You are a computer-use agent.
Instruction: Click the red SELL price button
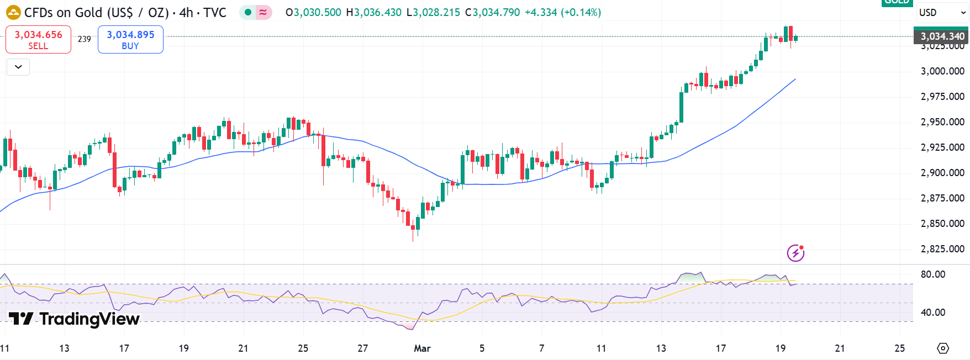[x=38, y=39]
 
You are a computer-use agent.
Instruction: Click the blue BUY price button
[x=130, y=39]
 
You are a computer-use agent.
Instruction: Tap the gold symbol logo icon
[x=13, y=12]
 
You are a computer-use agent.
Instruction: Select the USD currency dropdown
[x=942, y=12]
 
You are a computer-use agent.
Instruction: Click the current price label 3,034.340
[x=942, y=36]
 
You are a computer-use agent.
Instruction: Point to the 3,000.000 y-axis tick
[x=942, y=71]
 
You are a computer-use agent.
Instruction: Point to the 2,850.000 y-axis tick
[x=942, y=224]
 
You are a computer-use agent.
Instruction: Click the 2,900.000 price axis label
[x=942, y=173]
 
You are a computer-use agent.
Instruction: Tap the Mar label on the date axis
[x=422, y=348]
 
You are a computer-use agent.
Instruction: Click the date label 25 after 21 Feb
[x=303, y=348]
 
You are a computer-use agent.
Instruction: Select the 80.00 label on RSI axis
[x=933, y=274]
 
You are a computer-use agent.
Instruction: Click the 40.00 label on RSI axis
[x=933, y=313]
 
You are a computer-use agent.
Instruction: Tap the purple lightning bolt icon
[x=795, y=253]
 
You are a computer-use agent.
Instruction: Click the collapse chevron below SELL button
[x=18, y=67]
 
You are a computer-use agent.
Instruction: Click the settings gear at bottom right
[x=943, y=348]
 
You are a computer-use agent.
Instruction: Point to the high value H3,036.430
[x=374, y=12]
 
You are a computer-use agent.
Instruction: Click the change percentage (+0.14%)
[x=581, y=12]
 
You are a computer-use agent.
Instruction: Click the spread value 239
[x=84, y=39]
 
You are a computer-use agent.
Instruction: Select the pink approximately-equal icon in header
[x=263, y=12]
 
